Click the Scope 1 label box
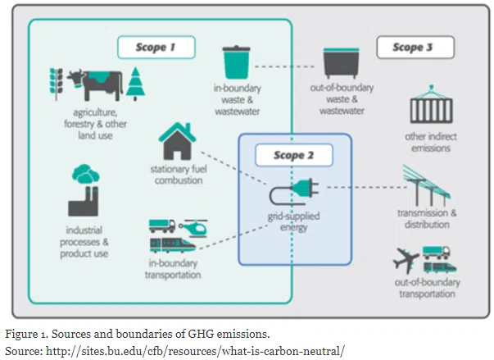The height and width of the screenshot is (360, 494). tap(156, 48)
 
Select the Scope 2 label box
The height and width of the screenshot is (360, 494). tap(294, 155)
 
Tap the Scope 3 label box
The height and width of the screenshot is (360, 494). tap(415, 48)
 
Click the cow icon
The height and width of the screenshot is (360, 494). tap(95, 85)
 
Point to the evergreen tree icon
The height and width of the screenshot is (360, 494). tap(135, 84)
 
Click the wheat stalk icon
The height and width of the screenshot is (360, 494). tap(56, 84)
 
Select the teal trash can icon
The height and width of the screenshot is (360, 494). tap(236, 62)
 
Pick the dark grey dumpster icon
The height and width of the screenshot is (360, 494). tap(341, 63)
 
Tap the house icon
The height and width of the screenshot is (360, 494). tap(177, 141)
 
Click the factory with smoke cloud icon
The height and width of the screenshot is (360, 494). tap(84, 189)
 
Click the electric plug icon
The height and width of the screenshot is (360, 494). tap(294, 191)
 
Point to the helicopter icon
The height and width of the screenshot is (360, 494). tap(193, 228)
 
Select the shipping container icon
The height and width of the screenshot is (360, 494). tap(431, 104)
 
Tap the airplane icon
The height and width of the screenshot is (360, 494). tap(406, 260)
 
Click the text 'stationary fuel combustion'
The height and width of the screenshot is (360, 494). tap(179, 175)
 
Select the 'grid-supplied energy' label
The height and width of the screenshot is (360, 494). tap(293, 221)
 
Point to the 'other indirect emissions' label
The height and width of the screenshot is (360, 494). tap(431, 142)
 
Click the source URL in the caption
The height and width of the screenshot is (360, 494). tap(195, 350)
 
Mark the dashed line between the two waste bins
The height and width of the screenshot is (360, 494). tap(284, 66)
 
